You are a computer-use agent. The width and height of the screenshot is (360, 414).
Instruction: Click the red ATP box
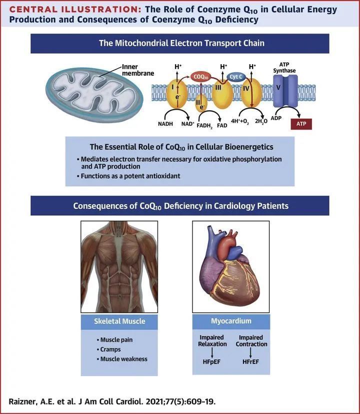coord(301,124)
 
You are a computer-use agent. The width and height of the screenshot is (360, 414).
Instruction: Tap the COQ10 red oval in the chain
coord(201,77)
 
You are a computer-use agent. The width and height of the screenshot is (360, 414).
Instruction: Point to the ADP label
coord(276,120)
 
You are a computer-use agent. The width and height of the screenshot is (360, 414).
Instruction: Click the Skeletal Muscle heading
coord(119,321)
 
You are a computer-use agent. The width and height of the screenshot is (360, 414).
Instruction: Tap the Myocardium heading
coord(231,321)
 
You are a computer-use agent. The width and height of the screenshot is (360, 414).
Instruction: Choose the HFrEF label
coord(251,361)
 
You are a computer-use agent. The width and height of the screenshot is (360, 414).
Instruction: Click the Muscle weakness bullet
coord(123,359)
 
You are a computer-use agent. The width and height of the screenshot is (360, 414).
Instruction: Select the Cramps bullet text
coord(110,349)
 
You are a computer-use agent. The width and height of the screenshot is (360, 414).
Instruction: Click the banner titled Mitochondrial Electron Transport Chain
coord(180,43)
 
